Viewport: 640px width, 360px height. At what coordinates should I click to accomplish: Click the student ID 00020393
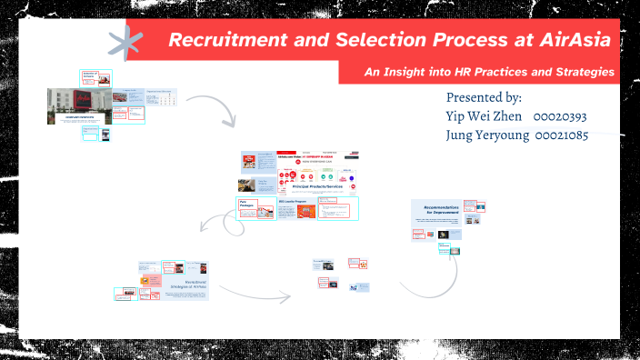560,116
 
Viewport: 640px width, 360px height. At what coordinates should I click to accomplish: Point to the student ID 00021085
561,135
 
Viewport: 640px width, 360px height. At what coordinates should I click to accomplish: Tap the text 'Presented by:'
484,97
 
